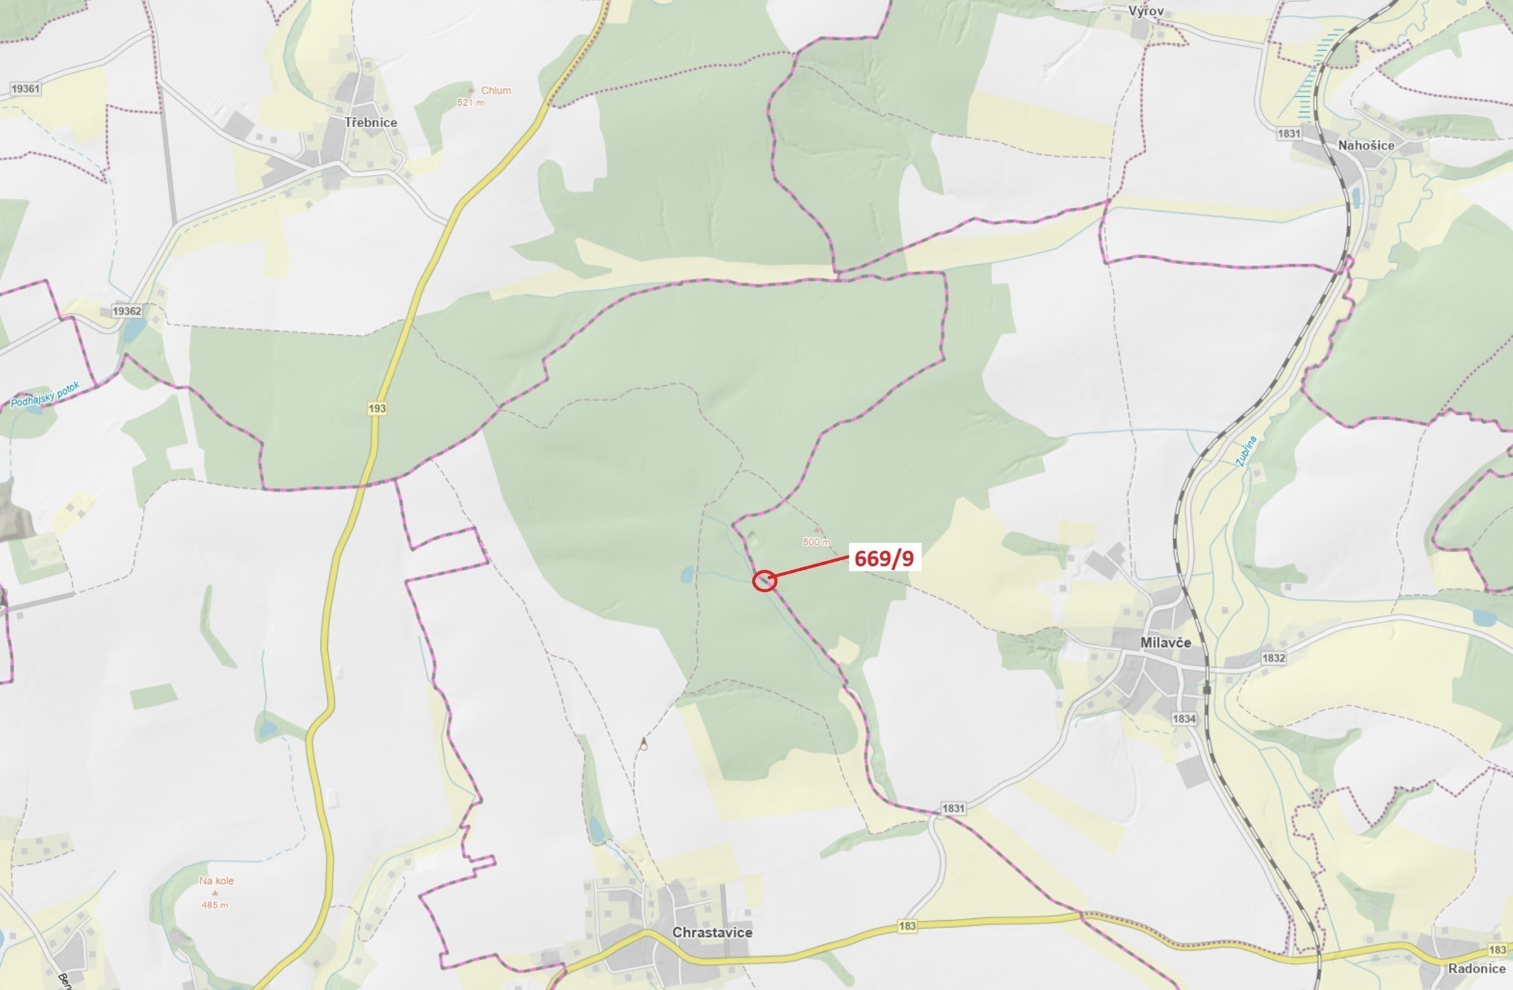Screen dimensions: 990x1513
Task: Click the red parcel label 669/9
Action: point(884,558)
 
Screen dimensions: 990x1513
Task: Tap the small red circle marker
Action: point(764,580)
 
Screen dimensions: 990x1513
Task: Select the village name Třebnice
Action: point(371,122)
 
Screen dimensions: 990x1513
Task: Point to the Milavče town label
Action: point(1165,642)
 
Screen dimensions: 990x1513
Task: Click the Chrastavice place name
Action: point(712,932)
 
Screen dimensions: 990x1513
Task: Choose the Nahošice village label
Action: point(1366,145)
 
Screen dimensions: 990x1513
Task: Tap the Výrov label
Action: point(1146,11)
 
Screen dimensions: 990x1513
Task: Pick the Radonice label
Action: point(1476,968)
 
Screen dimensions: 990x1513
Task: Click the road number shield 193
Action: point(377,408)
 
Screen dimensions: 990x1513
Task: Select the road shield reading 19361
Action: point(25,88)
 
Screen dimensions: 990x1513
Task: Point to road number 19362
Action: point(126,311)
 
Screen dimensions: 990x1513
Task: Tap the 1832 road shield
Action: point(1273,658)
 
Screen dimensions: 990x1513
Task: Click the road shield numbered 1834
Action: point(1184,719)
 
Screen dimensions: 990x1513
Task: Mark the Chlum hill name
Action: point(496,90)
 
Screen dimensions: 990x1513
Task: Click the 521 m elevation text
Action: point(470,102)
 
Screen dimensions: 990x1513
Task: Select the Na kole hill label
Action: point(216,881)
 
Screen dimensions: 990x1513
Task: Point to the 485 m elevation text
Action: point(215,905)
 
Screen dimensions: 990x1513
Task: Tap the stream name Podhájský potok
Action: point(45,395)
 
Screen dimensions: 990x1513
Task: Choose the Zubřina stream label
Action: point(1247,452)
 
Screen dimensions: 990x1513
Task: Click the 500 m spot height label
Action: point(816,542)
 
